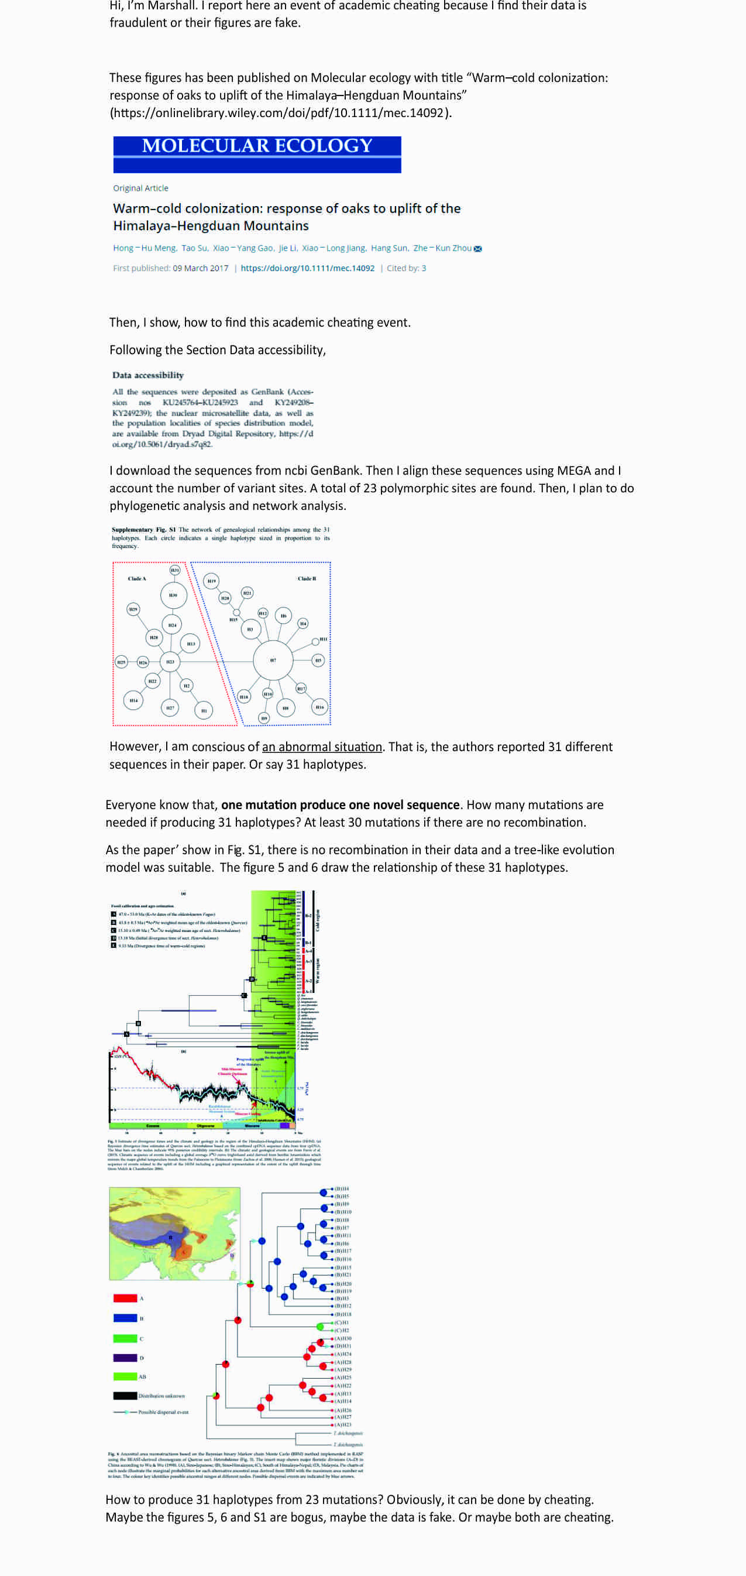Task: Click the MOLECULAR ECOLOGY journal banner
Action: point(257,153)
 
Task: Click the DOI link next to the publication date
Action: point(307,268)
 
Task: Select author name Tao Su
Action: point(194,248)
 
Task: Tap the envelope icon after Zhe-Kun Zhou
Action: point(478,248)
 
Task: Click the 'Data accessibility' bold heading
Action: point(148,375)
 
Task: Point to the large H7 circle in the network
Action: point(273,660)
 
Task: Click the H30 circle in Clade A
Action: point(174,595)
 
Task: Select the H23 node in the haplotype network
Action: point(170,662)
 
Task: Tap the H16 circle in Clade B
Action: point(320,707)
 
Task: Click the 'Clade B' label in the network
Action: point(307,578)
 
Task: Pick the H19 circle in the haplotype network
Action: point(211,581)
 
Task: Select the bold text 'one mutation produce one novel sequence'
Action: point(340,804)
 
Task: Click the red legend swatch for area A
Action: point(125,1298)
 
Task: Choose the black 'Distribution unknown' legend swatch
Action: point(125,1396)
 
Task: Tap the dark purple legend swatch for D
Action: point(125,1358)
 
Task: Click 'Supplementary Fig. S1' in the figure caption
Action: point(144,530)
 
